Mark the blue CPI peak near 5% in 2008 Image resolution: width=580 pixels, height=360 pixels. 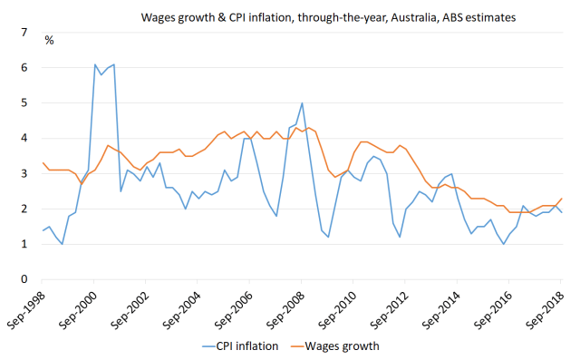tap(302, 103)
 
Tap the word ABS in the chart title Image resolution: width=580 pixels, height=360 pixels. tap(453, 17)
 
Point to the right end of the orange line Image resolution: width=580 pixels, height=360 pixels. tap(561, 199)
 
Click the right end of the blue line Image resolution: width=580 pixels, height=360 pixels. tap(561, 212)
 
